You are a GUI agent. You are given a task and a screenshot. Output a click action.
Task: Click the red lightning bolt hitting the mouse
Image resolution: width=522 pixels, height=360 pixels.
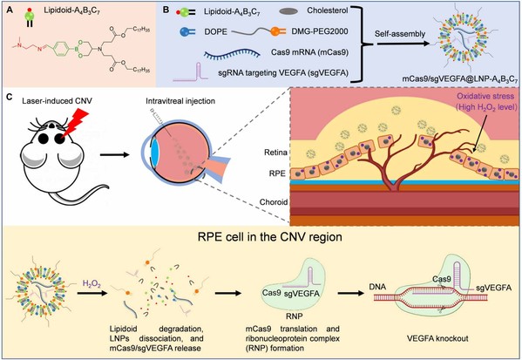pyautogui.click(x=76, y=123)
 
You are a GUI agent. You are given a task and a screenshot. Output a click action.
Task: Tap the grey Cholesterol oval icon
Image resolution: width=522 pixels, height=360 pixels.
pyautogui.click(x=288, y=11)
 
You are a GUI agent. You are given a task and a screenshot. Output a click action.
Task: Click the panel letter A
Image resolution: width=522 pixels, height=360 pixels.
pyautogui.click(x=10, y=10)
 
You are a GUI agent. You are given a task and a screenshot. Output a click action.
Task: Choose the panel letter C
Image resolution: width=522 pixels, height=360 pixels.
pyautogui.click(x=10, y=97)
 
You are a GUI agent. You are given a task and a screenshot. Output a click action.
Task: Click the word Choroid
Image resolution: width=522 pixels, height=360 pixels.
pyautogui.click(x=274, y=202)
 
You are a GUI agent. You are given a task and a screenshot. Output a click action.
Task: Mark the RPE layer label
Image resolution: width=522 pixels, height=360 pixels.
pyautogui.click(x=277, y=173)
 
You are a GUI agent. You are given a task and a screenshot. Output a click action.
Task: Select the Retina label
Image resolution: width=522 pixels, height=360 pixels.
pyautogui.click(x=275, y=153)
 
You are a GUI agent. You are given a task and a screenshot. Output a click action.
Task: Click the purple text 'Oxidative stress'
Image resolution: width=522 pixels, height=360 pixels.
pyautogui.click(x=485, y=97)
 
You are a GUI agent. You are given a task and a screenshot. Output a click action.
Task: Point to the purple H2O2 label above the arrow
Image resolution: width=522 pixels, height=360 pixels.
pyautogui.click(x=92, y=284)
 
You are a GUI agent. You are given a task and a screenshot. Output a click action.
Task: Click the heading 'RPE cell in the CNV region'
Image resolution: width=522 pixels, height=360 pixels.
pyautogui.click(x=270, y=237)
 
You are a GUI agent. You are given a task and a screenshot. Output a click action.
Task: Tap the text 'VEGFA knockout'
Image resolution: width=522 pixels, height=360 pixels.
pyautogui.click(x=437, y=339)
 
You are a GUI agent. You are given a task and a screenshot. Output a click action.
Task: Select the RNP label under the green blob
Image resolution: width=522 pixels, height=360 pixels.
pyautogui.click(x=294, y=316)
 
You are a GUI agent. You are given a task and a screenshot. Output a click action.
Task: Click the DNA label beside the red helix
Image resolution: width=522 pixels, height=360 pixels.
pyautogui.click(x=377, y=287)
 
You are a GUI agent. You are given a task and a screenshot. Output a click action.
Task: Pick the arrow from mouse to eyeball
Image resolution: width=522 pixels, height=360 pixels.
pyautogui.click(x=114, y=154)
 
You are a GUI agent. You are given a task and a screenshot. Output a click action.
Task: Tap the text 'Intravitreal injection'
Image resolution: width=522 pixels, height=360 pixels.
pyautogui.click(x=180, y=101)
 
